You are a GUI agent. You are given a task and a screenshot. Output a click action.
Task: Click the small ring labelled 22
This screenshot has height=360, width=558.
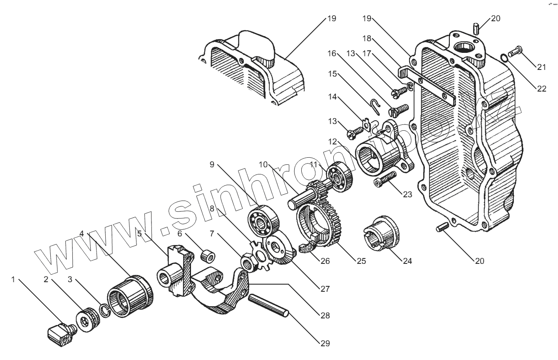504,57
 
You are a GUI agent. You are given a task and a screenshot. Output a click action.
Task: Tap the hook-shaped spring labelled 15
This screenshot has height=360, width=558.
376,107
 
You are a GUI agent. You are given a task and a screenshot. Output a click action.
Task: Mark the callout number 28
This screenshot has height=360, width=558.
325,315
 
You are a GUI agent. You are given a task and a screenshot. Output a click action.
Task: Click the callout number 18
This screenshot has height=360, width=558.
367,39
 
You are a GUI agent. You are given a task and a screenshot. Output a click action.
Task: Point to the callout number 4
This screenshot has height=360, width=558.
82,233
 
